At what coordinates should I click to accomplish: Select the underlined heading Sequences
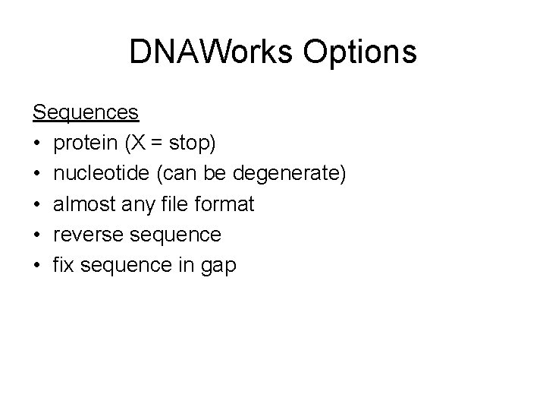coord(85,112)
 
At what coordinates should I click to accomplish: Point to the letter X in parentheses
coord(141,143)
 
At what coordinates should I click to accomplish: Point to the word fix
coord(64,266)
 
